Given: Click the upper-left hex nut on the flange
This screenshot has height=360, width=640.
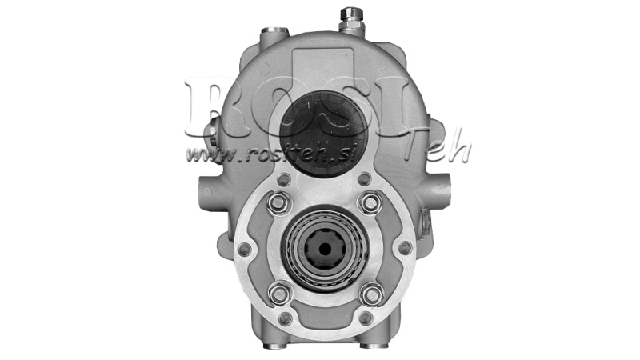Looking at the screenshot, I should [277, 202].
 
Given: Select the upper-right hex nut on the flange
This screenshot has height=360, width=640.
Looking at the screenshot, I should [370, 202].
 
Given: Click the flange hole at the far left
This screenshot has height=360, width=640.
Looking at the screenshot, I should [243, 249].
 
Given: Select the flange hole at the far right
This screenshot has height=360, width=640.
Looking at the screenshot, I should [405, 249].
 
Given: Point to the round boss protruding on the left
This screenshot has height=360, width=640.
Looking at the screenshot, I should [202, 191].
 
